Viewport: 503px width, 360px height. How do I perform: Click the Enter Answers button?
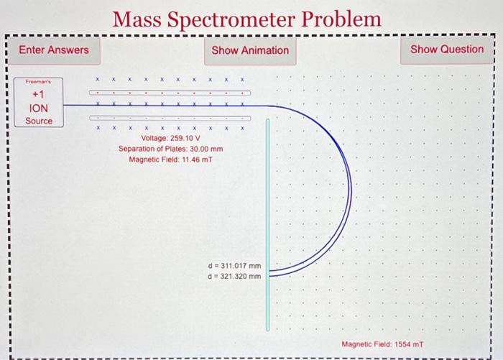[54, 50]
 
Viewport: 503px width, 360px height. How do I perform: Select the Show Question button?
[447, 49]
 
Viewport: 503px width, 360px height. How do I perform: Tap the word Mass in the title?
[139, 19]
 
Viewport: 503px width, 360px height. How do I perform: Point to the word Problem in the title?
[342, 19]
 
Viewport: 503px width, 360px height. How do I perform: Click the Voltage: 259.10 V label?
[171, 137]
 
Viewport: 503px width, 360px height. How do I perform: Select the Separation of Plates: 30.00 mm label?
[171, 148]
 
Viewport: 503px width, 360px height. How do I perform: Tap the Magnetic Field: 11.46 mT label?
[171, 159]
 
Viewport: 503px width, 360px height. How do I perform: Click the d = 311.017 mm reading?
[234, 265]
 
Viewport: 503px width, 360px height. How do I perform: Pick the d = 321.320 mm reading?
[234, 275]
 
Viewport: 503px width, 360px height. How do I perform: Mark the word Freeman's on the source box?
[39, 82]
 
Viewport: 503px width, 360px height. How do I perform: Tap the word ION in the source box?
[39, 108]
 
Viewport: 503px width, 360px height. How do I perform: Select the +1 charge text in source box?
[39, 95]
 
